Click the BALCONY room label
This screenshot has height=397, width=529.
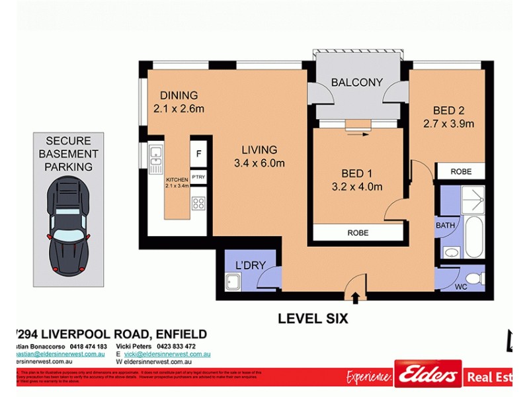point(357,83)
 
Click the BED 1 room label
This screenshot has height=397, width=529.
point(357,173)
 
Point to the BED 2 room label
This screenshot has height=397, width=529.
point(449,110)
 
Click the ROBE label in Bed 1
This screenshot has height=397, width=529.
point(357,233)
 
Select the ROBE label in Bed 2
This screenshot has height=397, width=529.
point(461,171)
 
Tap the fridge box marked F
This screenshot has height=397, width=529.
point(199,154)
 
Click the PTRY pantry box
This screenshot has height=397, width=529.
point(199,177)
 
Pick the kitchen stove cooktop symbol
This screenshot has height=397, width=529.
point(199,204)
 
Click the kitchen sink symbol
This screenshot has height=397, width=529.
point(156,155)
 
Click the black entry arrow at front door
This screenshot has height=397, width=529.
point(355,298)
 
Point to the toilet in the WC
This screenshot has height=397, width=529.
point(471,278)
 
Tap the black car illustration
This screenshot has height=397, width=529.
point(68,228)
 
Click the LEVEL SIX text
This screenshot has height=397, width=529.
point(312,319)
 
